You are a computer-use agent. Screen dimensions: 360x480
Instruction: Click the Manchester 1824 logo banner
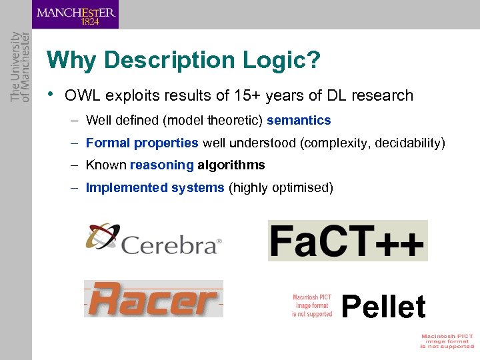pos(75,15)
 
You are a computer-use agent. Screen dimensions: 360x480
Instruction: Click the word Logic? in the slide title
pos(281,61)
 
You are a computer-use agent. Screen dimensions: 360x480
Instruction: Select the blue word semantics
pos(299,121)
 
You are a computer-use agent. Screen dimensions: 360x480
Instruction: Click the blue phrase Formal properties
pos(142,143)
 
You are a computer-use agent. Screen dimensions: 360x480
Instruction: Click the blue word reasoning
pos(161,165)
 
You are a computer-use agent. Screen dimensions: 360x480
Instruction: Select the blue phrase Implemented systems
pos(155,187)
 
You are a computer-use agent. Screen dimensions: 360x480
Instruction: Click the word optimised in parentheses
pos(302,187)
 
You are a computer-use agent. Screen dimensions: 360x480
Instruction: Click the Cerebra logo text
pos(170,245)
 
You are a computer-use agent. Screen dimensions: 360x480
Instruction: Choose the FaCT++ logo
pos(347,241)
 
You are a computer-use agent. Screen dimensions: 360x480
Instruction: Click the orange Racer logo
pos(153,298)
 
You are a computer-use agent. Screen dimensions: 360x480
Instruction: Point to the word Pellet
pos(383,307)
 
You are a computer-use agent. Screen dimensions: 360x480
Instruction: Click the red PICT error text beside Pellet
pos(312,305)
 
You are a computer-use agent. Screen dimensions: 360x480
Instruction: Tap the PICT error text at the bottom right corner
pos(447,341)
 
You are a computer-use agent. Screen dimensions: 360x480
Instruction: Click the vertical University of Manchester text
pos(20,67)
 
